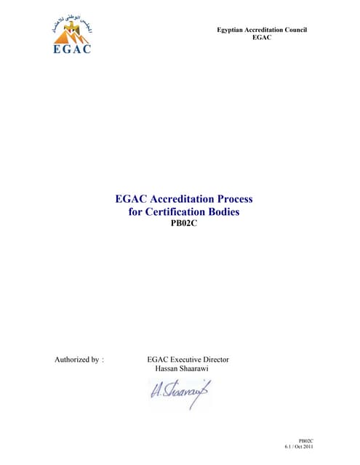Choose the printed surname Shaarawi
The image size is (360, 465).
point(202,369)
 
